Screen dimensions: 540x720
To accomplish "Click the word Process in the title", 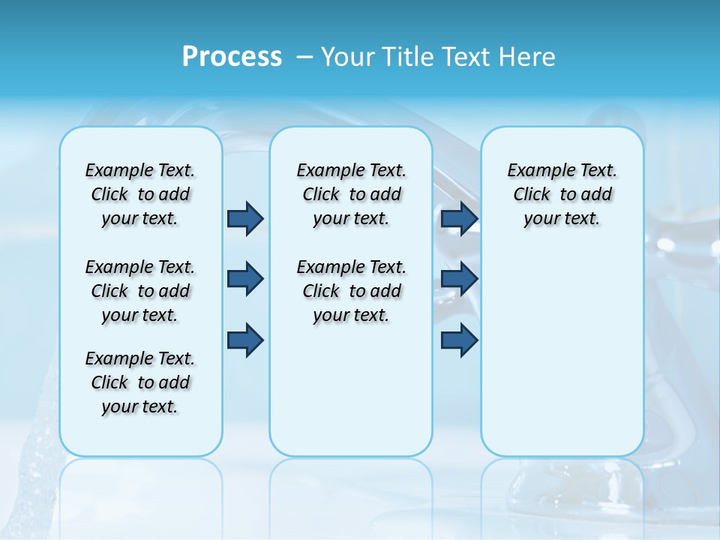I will click(x=232, y=56).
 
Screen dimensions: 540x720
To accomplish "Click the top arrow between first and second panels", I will click(x=245, y=218).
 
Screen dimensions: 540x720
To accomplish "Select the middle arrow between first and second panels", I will click(x=245, y=279).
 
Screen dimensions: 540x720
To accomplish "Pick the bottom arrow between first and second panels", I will click(x=245, y=340).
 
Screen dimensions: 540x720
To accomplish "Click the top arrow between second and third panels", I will click(x=459, y=218).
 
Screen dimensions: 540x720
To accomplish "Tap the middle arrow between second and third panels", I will click(x=459, y=279).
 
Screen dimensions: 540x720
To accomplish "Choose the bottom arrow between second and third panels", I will click(x=459, y=340).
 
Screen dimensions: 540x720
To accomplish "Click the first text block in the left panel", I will click(x=140, y=194).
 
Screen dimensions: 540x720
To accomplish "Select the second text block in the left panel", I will click(x=140, y=291).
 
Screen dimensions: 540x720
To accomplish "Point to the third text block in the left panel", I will click(x=140, y=382).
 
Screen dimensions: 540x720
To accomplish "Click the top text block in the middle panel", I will click(x=351, y=194).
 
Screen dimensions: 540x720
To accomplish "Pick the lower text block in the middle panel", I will click(x=351, y=291).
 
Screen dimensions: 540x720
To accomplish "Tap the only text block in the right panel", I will click(x=562, y=194).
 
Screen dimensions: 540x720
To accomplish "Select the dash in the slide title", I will click(x=304, y=57).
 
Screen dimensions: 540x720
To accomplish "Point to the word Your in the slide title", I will click(x=346, y=57).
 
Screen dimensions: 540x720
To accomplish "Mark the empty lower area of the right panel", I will click(x=562, y=352).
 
